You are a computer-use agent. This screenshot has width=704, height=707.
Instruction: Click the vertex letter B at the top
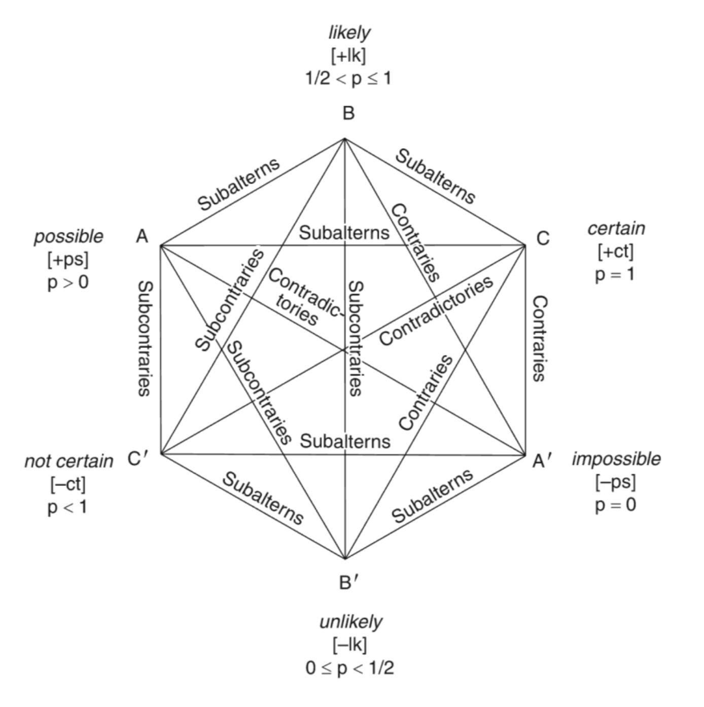point(348,114)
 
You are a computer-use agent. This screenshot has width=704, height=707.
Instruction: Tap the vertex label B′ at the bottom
point(349,583)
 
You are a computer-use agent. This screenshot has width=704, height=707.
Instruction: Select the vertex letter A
point(143,236)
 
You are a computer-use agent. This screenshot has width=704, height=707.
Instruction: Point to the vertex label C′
point(138,459)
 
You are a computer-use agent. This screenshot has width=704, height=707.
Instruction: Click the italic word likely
point(349,33)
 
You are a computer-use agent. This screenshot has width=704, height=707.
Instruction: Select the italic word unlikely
point(350,622)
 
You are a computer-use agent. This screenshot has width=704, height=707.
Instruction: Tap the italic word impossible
point(616,459)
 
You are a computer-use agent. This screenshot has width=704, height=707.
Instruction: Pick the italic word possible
point(68,236)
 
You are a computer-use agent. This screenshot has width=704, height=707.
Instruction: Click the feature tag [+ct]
point(616,251)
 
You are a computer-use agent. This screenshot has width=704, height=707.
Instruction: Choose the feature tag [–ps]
point(615,482)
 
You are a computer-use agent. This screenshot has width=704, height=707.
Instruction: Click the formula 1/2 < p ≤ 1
point(348,79)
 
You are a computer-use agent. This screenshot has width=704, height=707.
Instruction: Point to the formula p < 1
point(67,507)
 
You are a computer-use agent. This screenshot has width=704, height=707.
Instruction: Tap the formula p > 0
point(68,282)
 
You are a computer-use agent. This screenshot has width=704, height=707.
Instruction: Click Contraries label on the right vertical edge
point(539,338)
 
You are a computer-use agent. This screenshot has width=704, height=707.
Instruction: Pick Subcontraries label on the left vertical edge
point(145,338)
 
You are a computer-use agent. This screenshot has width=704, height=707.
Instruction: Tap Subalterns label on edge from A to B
point(238,184)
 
